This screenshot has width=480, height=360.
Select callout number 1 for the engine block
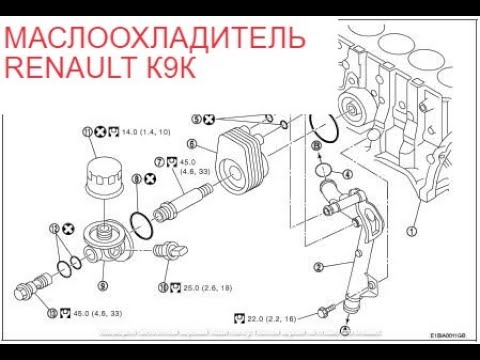coord(410,229)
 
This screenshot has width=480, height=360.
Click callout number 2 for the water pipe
coord(318,267)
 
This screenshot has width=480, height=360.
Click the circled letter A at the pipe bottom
coord(344,329)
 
